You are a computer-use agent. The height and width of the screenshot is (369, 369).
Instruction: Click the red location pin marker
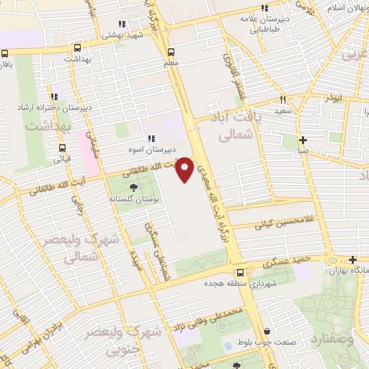click(184, 169)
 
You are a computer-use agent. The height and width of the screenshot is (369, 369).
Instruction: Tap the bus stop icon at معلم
click(171, 52)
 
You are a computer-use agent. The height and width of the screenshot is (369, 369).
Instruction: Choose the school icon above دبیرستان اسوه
click(151, 139)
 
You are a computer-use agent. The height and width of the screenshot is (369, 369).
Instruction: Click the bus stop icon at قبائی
click(62, 150)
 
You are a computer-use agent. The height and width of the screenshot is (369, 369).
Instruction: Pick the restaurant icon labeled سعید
click(283, 100)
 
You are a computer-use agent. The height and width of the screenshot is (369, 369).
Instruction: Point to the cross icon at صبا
click(303, 140)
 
